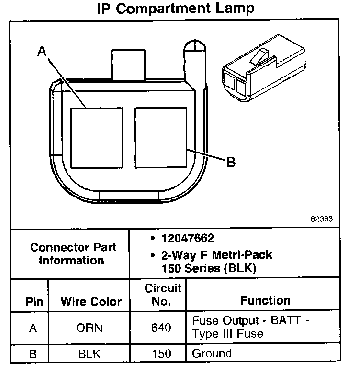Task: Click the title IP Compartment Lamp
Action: point(176,8)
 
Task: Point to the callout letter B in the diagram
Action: point(230,163)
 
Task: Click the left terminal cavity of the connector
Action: point(96,137)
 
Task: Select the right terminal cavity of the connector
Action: point(160,137)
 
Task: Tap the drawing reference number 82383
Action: point(321,220)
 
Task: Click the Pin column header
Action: point(34,302)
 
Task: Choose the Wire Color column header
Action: point(91,302)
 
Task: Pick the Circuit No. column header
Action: point(163,295)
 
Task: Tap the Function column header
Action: point(265,300)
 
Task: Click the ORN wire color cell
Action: point(90,328)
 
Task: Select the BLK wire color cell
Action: point(90,354)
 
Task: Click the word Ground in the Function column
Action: point(212,354)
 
